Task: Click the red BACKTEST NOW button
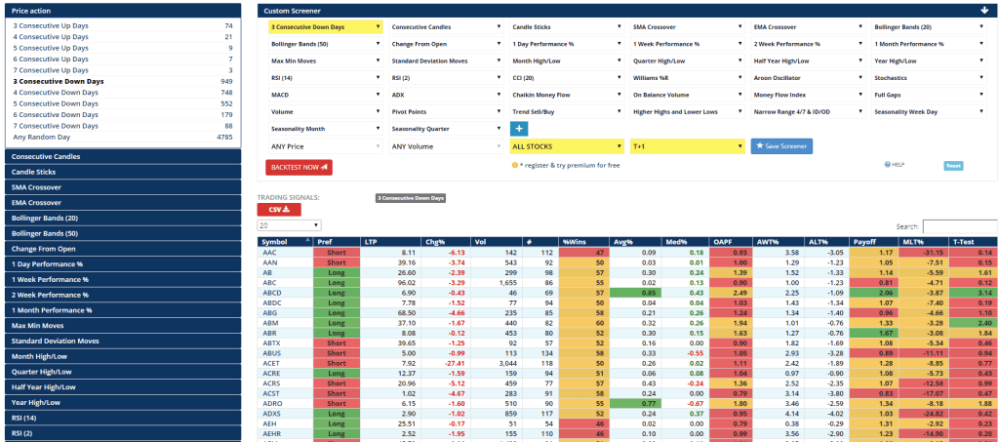coord(299,167)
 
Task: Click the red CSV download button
coord(279,209)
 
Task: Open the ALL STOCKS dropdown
coord(566,146)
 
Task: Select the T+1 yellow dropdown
coord(686,146)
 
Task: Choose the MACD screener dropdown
coord(325,95)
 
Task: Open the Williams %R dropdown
coord(686,78)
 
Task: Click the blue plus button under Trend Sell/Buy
coord(519,129)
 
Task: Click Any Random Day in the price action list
coord(41,137)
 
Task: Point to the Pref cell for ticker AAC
coord(337,252)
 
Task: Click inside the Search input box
coord(959,226)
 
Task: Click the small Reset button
coord(953,166)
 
